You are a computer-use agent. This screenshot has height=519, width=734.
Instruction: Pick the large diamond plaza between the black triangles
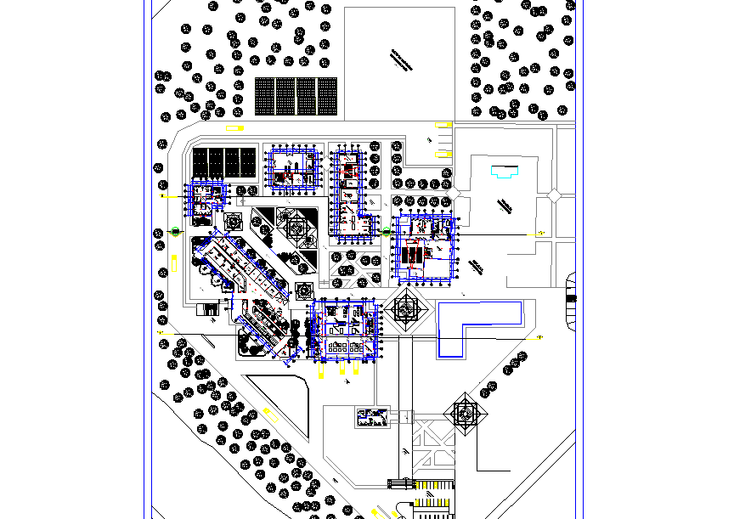pos(298,227)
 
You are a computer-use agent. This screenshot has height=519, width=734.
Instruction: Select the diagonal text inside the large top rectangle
pos(398,61)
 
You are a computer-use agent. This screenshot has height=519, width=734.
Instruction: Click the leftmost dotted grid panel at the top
pos(265,95)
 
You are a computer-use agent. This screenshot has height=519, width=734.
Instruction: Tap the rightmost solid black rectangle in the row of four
pos(247,161)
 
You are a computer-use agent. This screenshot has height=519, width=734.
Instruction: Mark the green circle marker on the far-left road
pos(176,231)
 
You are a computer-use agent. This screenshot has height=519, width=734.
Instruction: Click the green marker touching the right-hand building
pos(387,231)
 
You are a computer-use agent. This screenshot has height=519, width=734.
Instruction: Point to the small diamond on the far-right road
pos(553,195)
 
